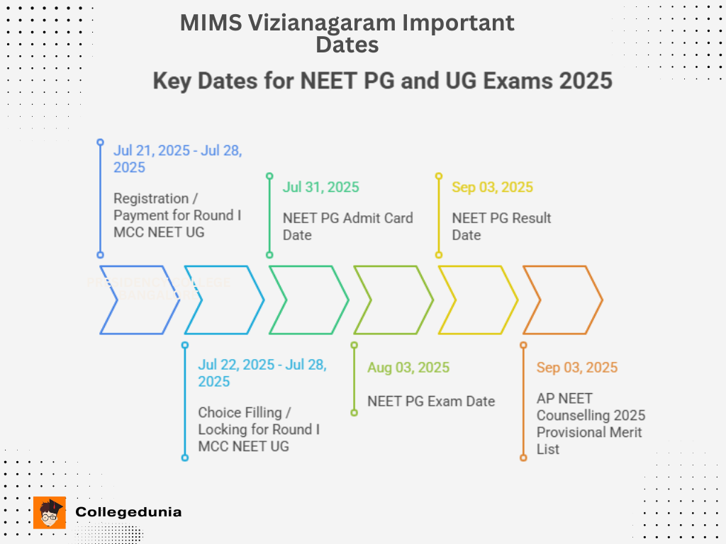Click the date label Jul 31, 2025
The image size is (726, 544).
pos(320,188)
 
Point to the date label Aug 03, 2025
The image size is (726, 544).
pos(408,368)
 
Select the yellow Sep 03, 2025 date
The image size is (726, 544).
pos(492,188)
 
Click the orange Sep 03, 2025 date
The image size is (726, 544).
pos(577,368)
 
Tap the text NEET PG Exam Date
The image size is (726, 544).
pos(431,401)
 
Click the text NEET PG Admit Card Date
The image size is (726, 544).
pos(347,226)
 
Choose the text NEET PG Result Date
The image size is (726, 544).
pos(501,226)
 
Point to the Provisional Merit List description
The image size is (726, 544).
pos(591,424)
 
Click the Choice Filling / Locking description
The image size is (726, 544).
pos(259,429)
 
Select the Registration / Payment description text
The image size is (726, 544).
pos(177,215)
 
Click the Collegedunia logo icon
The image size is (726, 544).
pos(49,512)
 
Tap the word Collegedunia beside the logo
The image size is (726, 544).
pos(128,512)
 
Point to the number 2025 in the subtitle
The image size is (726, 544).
pos(585,81)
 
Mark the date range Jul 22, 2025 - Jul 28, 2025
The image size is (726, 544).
pos(262,373)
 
